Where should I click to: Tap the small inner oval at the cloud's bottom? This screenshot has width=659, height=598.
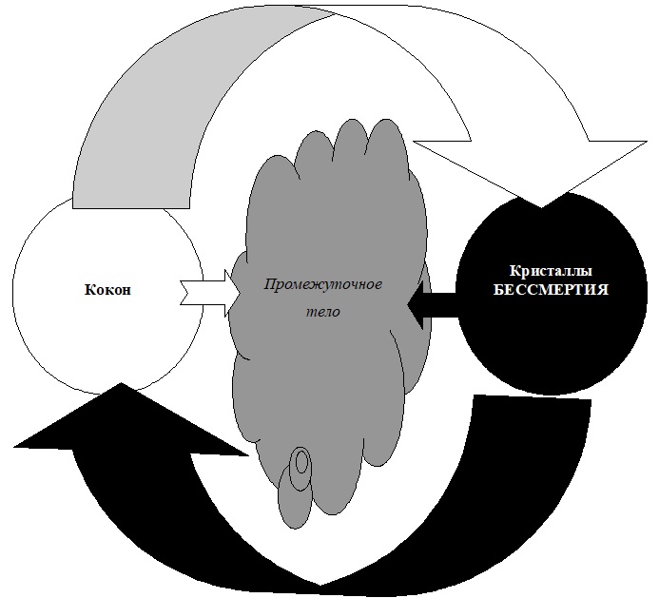tap(302, 465)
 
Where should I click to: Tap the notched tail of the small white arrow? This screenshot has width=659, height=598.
tap(186, 292)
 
